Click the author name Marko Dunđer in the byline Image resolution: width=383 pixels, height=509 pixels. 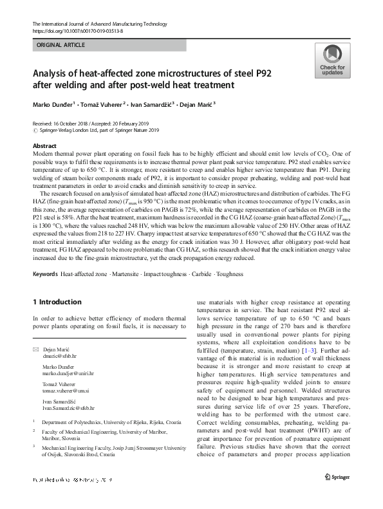coord(53,104)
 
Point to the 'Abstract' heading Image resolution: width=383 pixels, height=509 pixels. coord(44,146)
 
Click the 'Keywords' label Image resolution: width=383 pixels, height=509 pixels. coord(43,273)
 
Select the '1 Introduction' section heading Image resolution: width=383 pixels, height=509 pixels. coord(57,302)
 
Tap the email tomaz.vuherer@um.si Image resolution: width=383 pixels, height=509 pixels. coord(69,391)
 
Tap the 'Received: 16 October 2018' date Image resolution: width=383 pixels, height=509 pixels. coord(66,123)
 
